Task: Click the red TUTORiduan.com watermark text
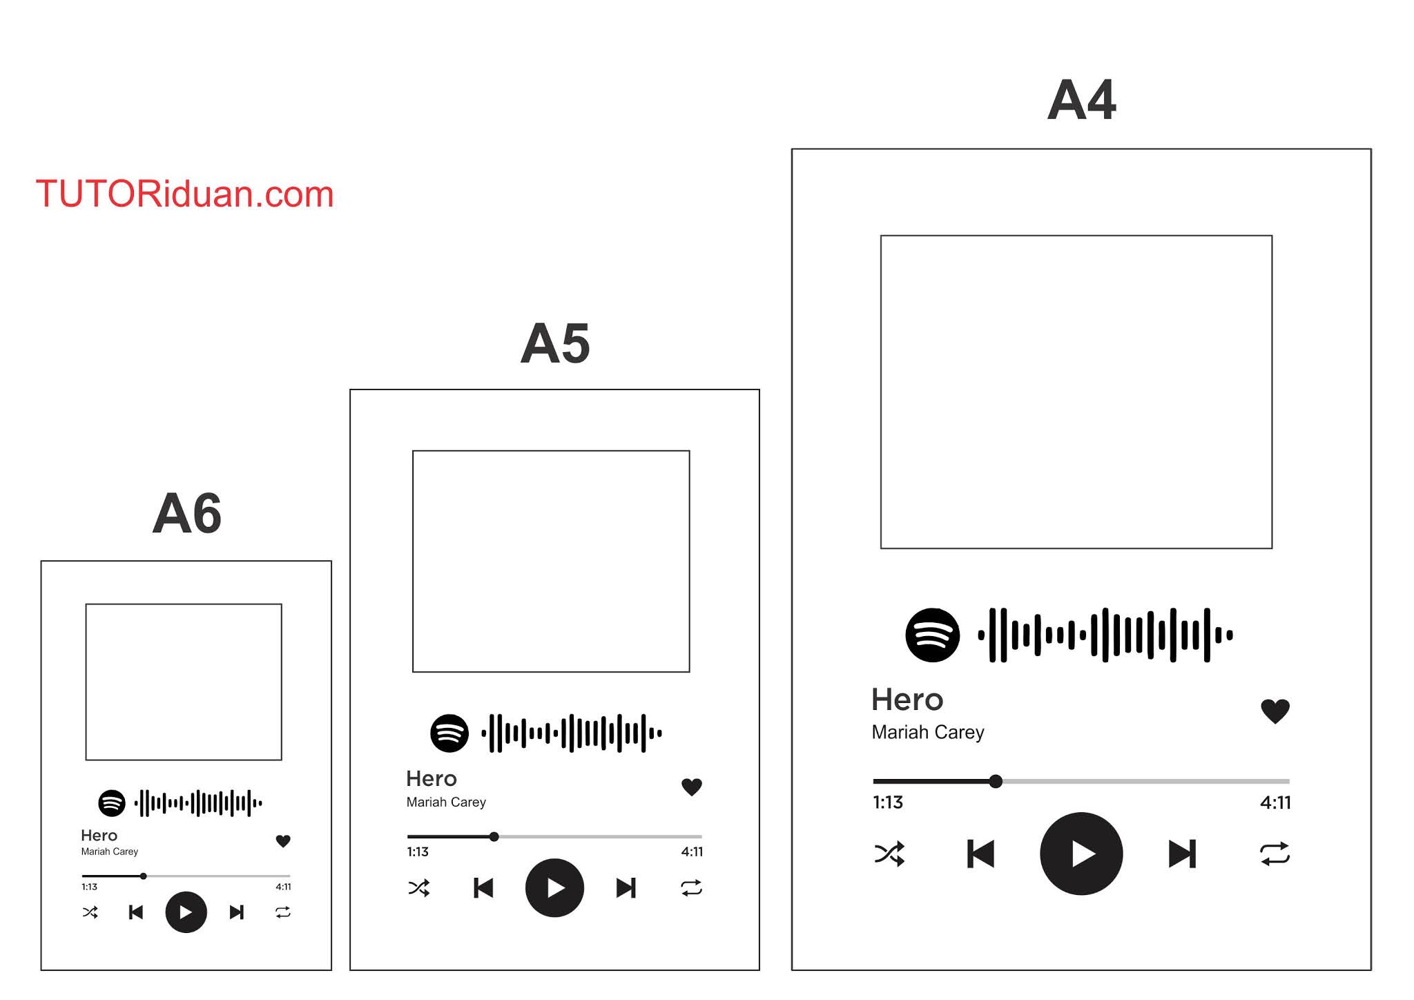pyautogui.click(x=184, y=194)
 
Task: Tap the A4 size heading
pyautogui.click(x=1081, y=101)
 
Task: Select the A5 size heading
pyautogui.click(x=555, y=344)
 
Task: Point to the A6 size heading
pyautogui.click(x=186, y=514)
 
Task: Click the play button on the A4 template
pyautogui.click(x=1081, y=854)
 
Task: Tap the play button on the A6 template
pyautogui.click(x=186, y=912)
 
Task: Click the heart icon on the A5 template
pyautogui.click(x=692, y=787)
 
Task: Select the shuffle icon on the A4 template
pyautogui.click(x=889, y=854)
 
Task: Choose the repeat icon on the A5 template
pyautogui.click(x=691, y=887)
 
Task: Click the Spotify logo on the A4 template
pyautogui.click(x=932, y=635)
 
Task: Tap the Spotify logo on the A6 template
pyautogui.click(x=112, y=803)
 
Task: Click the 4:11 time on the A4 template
pyautogui.click(x=1275, y=802)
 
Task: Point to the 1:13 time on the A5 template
pyautogui.click(x=418, y=852)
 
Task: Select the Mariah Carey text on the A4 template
pyautogui.click(x=928, y=732)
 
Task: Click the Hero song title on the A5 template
pyautogui.click(x=432, y=778)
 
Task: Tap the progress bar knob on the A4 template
pyautogui.click(x=996, y=781)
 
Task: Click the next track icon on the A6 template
pyautogui.click(x=236, y=912)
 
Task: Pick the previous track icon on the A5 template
pyautogui.click(x=483, y=887)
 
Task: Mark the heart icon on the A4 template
pyautogui.click(x=1275, y=711)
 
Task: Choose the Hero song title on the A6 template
pyautogui.click(x=99, y=836)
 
